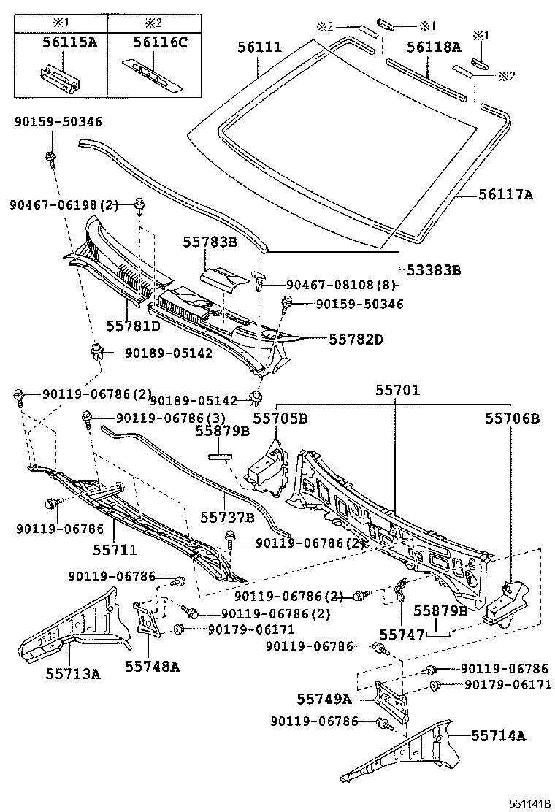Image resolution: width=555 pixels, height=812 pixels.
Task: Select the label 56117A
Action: [x=506, y=194]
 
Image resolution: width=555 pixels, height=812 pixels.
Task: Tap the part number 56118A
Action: [x=434, y=47]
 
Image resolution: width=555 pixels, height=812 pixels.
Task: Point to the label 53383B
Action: [x=434, y=270]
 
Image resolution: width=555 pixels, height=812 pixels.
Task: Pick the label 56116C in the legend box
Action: [x=151, y=42]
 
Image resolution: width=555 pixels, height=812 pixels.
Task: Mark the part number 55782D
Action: [x=356, y=340]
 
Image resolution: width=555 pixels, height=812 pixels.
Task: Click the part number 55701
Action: [x=397, y=391]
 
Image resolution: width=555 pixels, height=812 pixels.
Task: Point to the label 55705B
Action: [x=280, y=418]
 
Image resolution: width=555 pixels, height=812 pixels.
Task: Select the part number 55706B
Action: [x=513, y=418]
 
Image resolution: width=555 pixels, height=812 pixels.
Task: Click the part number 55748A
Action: [x=152, y=666]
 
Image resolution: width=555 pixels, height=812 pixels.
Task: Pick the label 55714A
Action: [x=497, y=735]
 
